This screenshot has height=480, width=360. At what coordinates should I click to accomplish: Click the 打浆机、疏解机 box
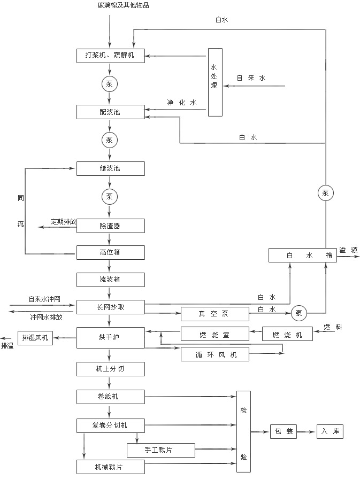[110, 56]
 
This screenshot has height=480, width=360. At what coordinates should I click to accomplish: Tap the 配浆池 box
[110, 112]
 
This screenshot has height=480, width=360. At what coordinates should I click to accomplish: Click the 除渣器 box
[110, 226]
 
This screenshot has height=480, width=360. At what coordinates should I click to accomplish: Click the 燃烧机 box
[288, 335]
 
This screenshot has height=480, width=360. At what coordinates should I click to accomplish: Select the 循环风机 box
[215, 354]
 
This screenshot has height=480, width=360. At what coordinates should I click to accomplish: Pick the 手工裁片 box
[161, 450]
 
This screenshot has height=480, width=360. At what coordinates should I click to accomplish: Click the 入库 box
[330, 432]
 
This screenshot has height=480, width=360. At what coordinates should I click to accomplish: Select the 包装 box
[283, 432]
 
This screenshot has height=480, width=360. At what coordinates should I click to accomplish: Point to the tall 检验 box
[244, 432]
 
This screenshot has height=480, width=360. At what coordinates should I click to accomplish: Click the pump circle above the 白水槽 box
[325, 193]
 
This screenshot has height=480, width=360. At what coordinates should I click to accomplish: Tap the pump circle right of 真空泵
[298, 313]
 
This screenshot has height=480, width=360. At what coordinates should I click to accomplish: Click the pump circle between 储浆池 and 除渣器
[110, 197]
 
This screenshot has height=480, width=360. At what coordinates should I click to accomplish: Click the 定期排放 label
[64, 221]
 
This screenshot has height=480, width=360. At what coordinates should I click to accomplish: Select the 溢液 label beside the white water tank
[348, 250]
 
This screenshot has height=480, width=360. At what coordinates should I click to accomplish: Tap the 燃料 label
[332, 327]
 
